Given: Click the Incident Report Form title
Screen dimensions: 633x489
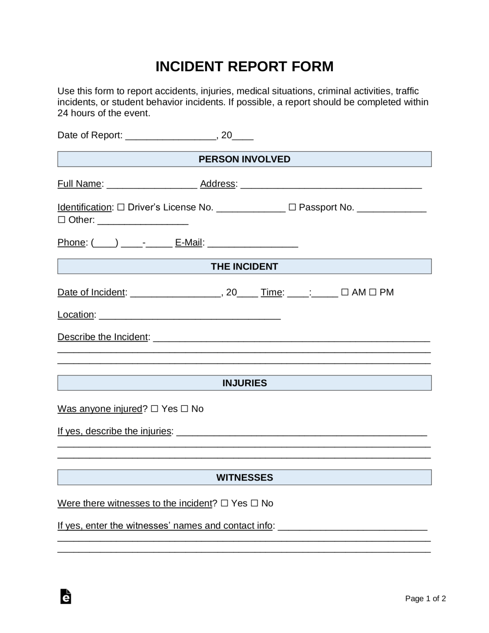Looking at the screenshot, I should tap(244, 66).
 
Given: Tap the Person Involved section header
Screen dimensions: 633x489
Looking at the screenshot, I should tap(244, 159).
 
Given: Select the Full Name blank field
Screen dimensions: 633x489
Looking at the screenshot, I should tap(152, 185).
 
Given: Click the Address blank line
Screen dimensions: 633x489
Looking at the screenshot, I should tap(331, 185).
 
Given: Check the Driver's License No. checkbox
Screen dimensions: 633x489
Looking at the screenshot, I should tap(121, 207).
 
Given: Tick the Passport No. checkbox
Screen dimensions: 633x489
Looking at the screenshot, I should tap(292, 207).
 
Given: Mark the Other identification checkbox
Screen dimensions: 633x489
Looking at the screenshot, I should tap(61, 220).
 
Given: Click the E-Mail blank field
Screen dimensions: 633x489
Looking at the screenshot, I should tap(253, 243).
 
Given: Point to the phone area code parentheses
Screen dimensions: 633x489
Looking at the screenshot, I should tap(105, 243).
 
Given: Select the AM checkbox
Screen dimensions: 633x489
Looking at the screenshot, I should tap(345, 292).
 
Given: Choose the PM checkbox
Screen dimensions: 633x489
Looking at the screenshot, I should tap(372, 292).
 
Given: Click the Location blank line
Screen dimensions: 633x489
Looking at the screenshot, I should tap(190, 315).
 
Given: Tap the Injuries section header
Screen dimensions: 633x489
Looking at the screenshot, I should tap(244, 383).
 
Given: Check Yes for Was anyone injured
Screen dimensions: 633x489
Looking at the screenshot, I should tap(154, 409).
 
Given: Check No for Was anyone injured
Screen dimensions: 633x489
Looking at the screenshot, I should tap(185, 409).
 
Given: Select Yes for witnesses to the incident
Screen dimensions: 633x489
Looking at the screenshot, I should tap(225, 503).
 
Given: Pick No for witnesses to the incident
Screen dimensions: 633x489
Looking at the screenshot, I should tap(255, 503).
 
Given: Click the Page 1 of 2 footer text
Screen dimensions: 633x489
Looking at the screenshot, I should tap(425, 598).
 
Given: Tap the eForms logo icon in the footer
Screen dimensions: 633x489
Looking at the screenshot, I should tap(66, 596).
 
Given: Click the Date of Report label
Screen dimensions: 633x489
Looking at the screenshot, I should tap(90, 135).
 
